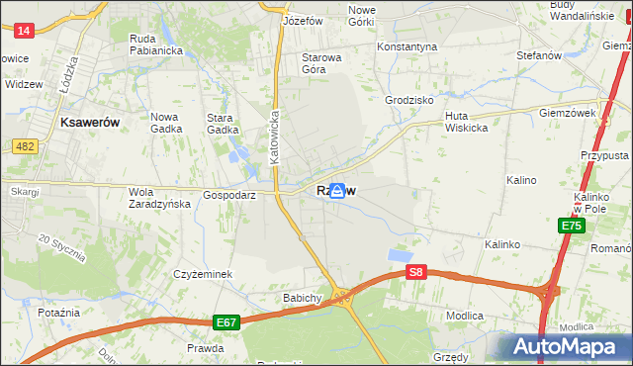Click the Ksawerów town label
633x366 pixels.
coord(90,122)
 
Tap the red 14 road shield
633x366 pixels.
coord(25,32)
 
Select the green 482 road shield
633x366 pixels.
coord(26,146)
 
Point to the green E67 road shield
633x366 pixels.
coord(226,322)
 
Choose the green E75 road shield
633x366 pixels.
coord(571,227)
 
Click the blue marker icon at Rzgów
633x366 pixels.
coord(337,191)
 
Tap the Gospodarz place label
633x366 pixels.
coord(229,196)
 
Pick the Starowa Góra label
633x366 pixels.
coord(320,63)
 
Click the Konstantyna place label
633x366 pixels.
coord(407,46)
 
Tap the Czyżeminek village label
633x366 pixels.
coord(202,273)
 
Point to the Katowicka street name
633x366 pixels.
coord(276,136)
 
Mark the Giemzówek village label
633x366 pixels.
coord(567,113)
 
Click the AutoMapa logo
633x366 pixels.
coord(563,347)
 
